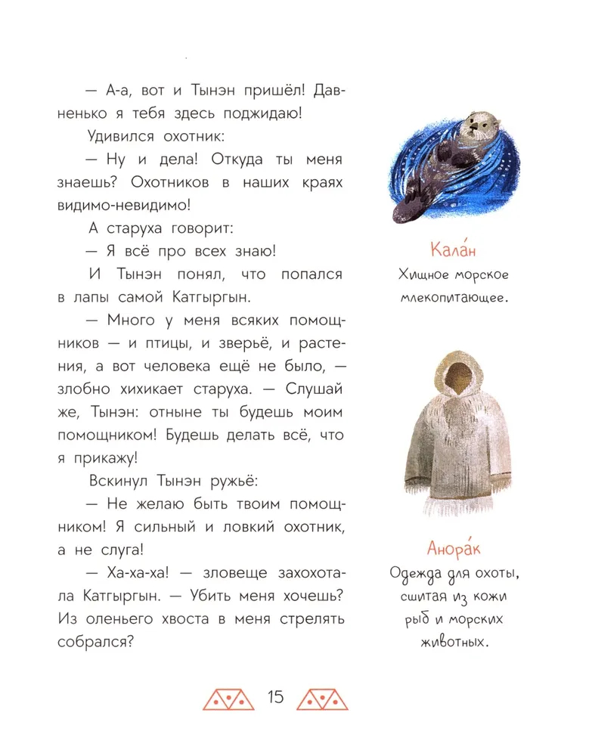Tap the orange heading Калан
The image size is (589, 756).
tap(451, 249)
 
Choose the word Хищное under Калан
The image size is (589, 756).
tap(425, 277)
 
